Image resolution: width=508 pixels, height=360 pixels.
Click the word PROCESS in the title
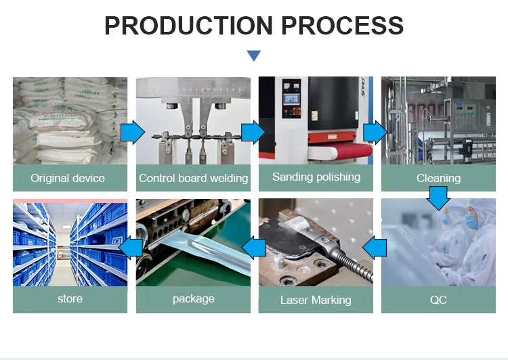(x=342, y=26)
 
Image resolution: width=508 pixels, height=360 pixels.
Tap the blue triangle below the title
(x=253, y=55)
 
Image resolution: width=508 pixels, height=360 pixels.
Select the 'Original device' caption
(x=68, y=178)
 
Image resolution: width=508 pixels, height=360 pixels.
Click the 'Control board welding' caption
(x=193, y=178)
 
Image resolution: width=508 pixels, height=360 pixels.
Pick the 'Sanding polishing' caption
(x=316, y=177)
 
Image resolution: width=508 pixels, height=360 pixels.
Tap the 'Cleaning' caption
(x=438, y=178)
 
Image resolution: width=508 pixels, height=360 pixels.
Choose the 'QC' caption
(x=438, y=299)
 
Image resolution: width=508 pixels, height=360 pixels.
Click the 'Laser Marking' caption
(x=316, y=299)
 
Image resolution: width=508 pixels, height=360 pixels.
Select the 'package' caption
(x=193, y=298)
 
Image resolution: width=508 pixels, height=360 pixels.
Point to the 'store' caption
(x=70, y=298)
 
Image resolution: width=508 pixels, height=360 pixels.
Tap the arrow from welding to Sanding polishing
(x=253, y=133)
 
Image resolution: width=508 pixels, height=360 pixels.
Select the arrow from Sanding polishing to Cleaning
(x=375, y=133)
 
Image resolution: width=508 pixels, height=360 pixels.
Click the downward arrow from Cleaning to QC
(x=439, y=198)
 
